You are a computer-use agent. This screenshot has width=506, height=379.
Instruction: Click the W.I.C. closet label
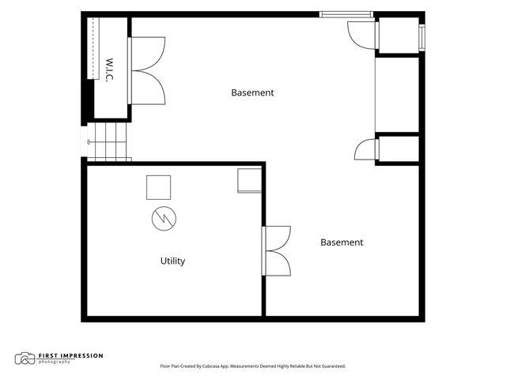pyautogui.click(x=110, y=70)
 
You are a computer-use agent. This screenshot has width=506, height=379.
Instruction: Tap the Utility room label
pyautogui.click(x=172, y=261)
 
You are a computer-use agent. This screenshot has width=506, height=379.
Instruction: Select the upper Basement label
pyautogui.click(x=252, y=93)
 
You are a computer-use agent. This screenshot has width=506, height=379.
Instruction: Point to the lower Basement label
pyautogui.click(x=342, y=242)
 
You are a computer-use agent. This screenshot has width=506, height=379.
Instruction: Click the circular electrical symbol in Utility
pyautogui.click(x=164, y=219)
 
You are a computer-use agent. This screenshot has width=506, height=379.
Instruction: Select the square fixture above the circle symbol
pyautogui.click(x=158, y=188)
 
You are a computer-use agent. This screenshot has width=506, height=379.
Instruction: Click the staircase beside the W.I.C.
pyautogui.click(x=109, y=142)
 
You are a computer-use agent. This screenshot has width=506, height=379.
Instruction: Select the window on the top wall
pyautogui.click(x=346, y=14)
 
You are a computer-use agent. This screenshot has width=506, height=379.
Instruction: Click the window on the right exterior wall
pyautogui.click(x=421, y=37)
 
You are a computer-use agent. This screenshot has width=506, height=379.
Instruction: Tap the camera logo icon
pyautogui.click(x=25, y=358)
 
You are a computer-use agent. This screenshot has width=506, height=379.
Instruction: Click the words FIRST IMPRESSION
pyautogui.click(x=70, y=356)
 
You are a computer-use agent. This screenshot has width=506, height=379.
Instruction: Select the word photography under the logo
pyautogui.click(x=55, y=362)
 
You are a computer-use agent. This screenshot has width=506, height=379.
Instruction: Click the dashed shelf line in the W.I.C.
pyautogui.click(x=93, y=48)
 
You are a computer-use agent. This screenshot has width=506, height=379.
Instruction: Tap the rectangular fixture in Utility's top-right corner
pyautogui.click(x=250, y=181)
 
